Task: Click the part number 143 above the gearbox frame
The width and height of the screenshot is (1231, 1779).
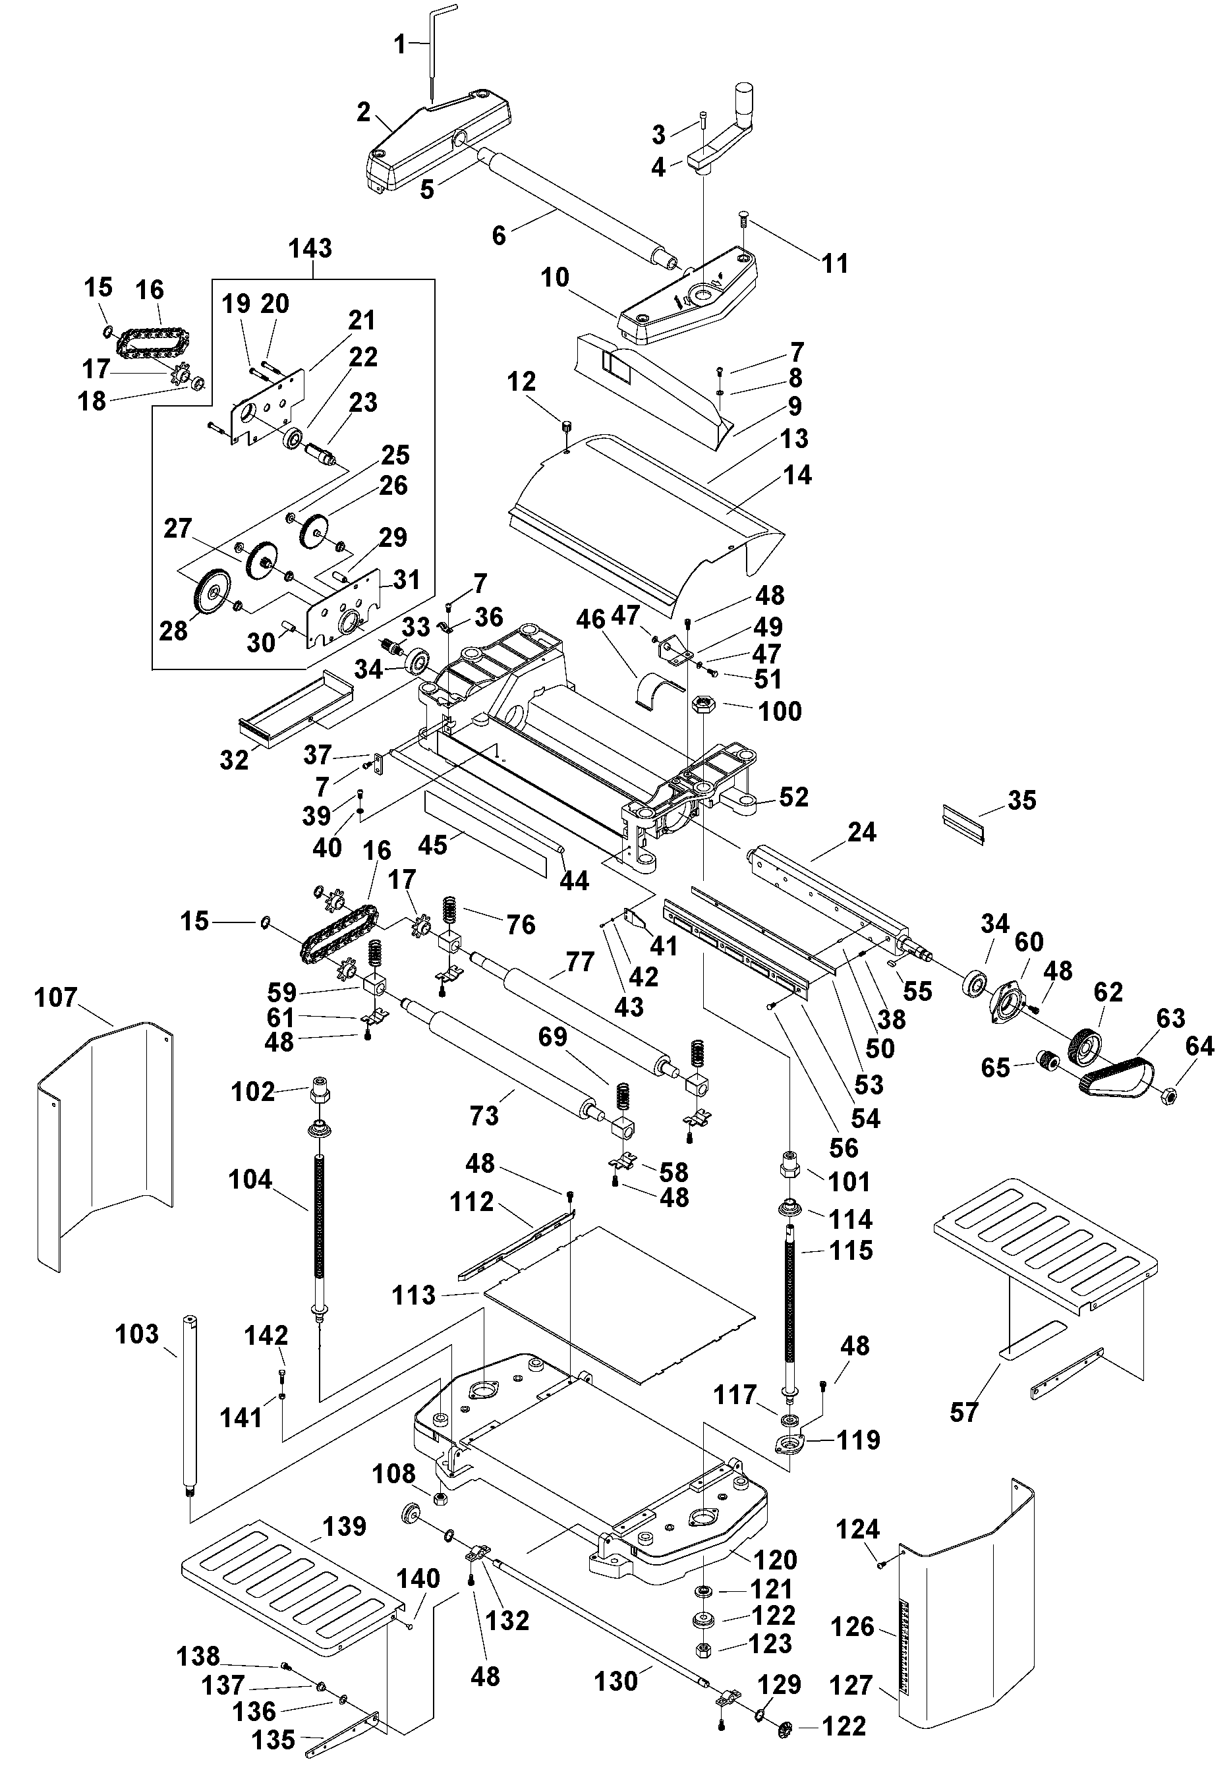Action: point(310,248)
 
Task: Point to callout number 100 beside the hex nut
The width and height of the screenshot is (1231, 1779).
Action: point(780,711)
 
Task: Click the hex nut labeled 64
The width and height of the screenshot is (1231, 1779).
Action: point(1167,1095)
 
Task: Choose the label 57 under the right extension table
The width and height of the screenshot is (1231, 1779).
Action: point(963,1412)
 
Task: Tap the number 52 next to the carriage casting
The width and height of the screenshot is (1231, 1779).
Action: point(793,797)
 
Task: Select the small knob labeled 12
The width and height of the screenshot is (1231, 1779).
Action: point(567,426)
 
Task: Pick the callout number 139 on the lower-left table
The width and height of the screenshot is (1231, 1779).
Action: point(344,1526)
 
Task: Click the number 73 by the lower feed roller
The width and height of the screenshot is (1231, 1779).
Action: point(484,1115)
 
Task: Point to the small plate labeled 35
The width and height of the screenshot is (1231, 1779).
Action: point(964,822)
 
